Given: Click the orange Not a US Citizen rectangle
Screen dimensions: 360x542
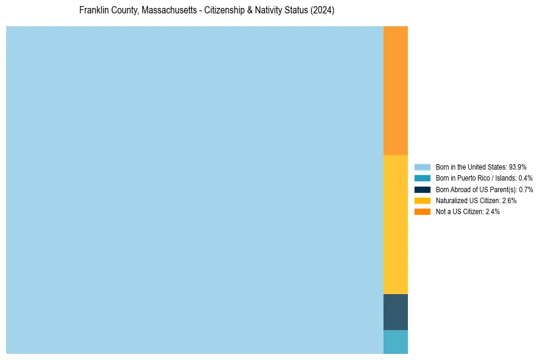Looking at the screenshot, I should [395, 90].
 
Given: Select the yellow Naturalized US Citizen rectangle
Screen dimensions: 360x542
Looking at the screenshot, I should [395, 224].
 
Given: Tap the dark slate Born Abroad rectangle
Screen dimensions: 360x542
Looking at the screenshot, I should [395, 312].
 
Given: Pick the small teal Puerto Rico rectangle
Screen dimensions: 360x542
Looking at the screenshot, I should [395, 342].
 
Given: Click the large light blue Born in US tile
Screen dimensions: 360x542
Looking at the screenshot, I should [194, 190].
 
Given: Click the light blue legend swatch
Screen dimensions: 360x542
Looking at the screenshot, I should [423, 167].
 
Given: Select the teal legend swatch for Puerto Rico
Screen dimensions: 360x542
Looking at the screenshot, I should [423, 178].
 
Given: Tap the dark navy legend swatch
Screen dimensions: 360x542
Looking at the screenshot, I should [423, 189].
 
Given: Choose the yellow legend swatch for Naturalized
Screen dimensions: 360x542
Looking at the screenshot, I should [423, 200].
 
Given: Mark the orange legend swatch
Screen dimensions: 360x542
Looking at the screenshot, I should [423, 211].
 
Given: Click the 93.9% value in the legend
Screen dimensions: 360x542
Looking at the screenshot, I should [517, 167].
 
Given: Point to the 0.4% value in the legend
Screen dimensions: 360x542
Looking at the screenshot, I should [525, 178].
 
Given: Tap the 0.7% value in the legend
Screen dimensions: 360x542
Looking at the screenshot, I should [526, 189].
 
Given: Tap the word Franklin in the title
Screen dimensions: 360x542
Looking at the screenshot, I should [93, 11].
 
